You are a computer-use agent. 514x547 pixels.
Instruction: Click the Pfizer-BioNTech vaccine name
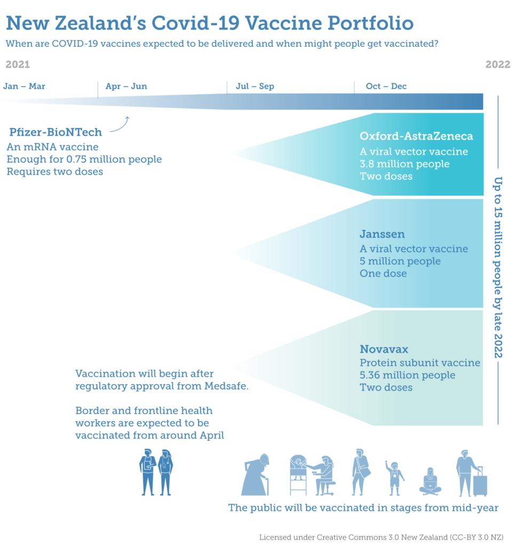click(x=56, y=132)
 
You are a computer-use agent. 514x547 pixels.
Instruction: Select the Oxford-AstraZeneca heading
click(x=416, y=136)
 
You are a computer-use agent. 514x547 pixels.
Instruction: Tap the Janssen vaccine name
click(x=382, y=234)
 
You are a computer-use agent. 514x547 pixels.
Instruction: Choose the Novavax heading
click(x=384, y=349)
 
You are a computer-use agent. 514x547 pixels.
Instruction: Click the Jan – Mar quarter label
click(x=24, y=86)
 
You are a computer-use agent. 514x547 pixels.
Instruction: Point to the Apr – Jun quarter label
click(x=126, y=86)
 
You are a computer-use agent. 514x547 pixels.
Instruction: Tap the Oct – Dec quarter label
click(x=386, y=86)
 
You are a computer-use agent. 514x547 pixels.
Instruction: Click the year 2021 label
click(x=18, y=65)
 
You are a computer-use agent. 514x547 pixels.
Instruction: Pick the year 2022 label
click(x=497, y=65)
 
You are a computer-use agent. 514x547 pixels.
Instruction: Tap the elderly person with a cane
click(x=256, y=475)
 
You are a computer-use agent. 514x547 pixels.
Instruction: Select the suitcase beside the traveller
click(x=480, y=482)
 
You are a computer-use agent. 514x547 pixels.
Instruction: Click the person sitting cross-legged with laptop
click(x=430, y=481)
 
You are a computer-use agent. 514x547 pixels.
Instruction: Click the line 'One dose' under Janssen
click(x=383, y=273)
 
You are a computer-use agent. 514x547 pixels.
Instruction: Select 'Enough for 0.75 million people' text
click(x=84, y=159)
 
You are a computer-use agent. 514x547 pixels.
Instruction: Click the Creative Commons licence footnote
click(x=381, y=537)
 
